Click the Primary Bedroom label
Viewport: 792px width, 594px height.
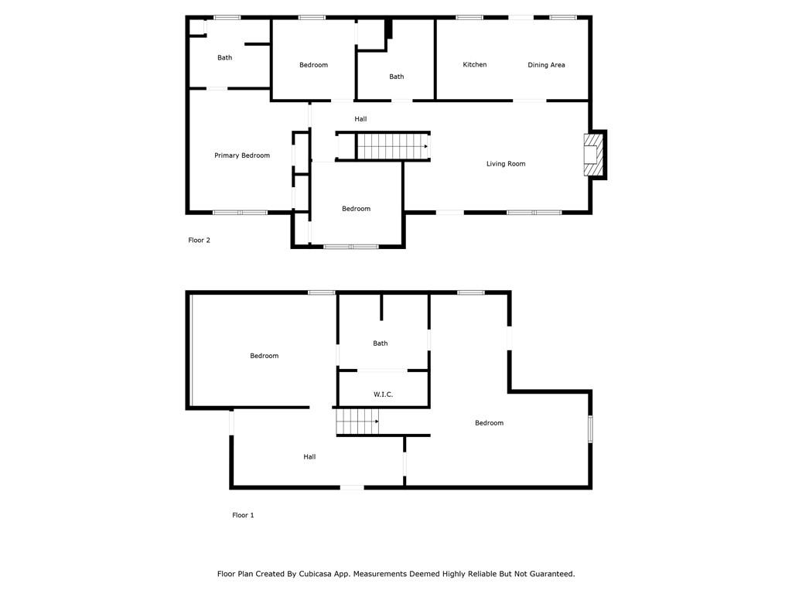click(x=242, y=155)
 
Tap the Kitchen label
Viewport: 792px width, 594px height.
click(x=475, y=65)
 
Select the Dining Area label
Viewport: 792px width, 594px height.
click(x=546, y=65)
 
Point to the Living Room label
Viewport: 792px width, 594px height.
click(x=506, y=164)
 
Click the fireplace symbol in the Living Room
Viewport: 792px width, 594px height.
click(x=593, y=155)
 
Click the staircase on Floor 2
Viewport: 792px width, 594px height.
click(x=392, y=146)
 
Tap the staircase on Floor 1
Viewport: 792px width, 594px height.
click(x=357, y=422)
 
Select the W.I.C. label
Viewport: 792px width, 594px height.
click(x=383, y=394)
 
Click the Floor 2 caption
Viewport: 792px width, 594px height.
click(x=199, y=241)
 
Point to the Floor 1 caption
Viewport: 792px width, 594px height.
click(x=243, y=515)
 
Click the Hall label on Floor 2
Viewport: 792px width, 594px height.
click(x=360, y=119)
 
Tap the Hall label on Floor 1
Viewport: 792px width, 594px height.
click(x=309, y=457)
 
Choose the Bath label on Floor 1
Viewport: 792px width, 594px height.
click(x=381, y=343)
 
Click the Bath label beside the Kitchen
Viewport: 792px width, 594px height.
click(x=397, y=77)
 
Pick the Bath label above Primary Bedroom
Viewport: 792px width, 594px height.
click(x=225, y=57)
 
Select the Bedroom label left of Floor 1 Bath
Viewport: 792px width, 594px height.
click(x=265, y=356)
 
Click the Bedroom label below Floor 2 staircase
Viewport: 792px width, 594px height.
click(x=356, y=209)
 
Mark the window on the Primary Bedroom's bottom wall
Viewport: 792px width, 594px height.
click(x=240, y=213)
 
